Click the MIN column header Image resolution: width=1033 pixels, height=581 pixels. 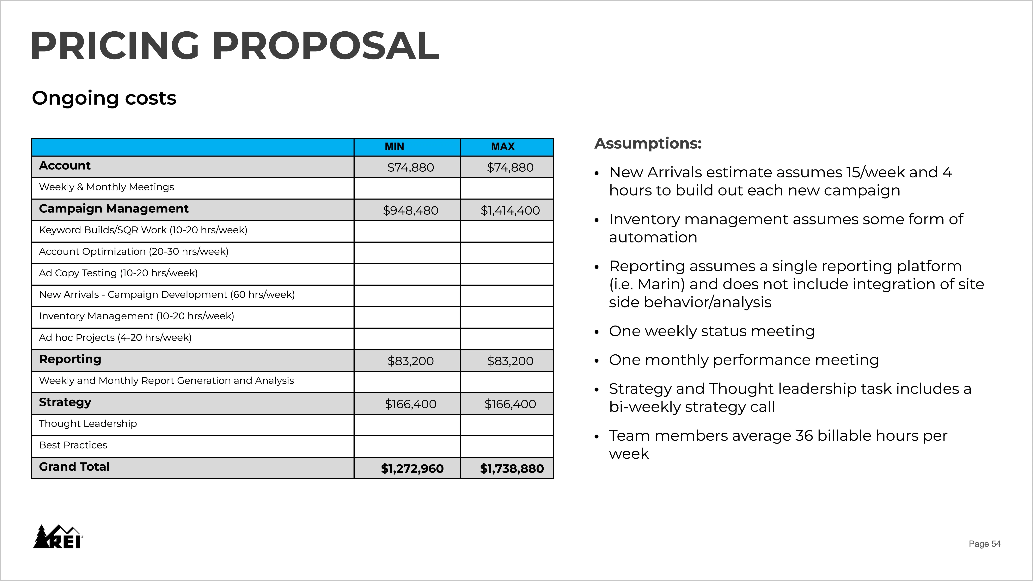[394, 147]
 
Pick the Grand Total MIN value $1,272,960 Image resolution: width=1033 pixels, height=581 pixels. [412, 468]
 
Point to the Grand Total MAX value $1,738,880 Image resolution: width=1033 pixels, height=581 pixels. [512, 468]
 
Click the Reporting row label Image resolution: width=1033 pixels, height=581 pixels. [70, 359]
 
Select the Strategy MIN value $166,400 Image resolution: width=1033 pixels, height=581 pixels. [410, 404]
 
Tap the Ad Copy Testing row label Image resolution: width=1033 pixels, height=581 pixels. [118, 273]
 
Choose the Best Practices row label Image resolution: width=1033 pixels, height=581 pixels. [73, 445]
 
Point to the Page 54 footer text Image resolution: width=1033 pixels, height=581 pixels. [984, 544]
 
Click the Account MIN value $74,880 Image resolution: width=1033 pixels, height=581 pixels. [410, 168]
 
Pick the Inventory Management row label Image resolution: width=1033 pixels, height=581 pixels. [136, 316]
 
